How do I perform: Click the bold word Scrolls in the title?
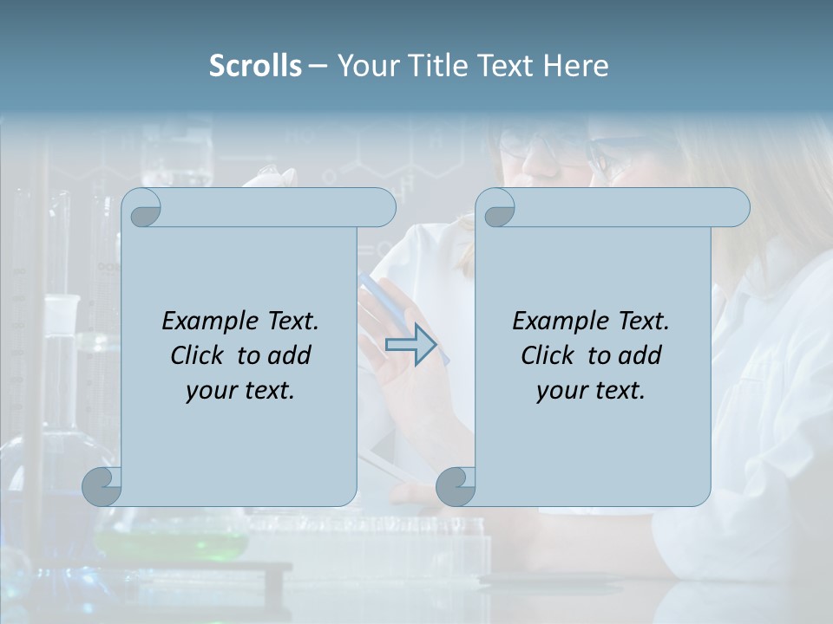tap(255, 66)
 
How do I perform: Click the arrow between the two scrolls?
tap(410, 345)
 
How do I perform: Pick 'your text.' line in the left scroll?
tap(240, 391)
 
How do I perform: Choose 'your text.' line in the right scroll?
tap(591, 391)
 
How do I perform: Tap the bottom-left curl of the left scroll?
tap(101, 487)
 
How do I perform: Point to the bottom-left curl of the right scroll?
tap(455, 487)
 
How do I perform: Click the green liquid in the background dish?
tap(174, 544)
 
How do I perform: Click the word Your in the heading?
tap(364, 66)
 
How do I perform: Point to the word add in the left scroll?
tap(291, 355)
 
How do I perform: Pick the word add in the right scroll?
tap(641, 355)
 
